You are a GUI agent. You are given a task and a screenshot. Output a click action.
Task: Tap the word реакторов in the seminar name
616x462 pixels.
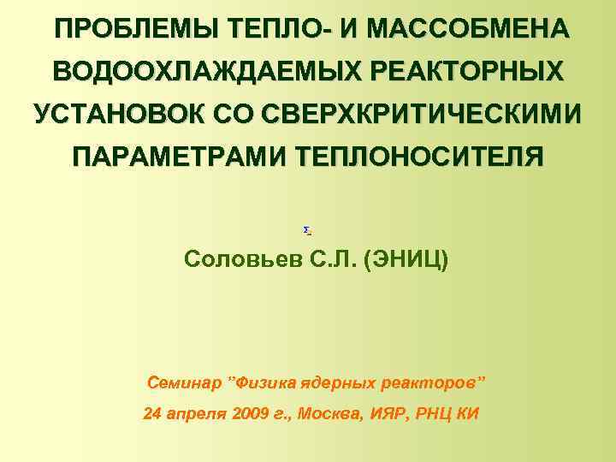[428, 380]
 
